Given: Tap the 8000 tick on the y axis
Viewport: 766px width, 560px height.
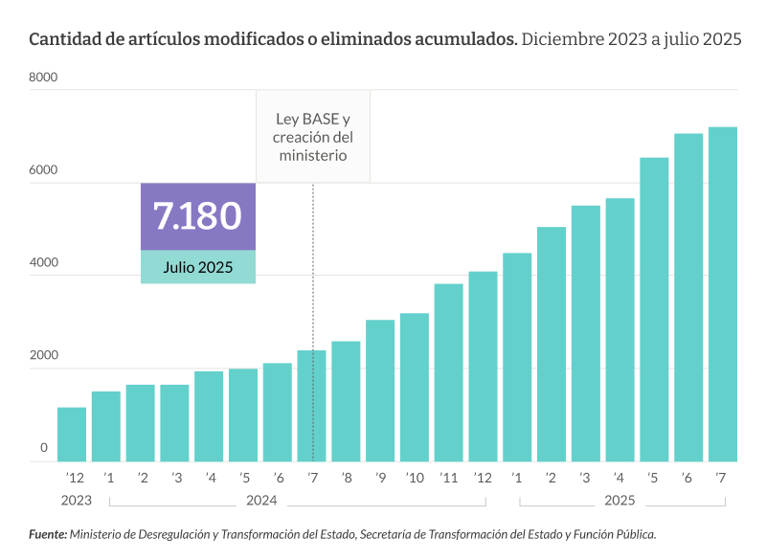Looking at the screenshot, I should pos(46,77).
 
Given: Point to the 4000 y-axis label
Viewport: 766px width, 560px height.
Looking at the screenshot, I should pos(46,262).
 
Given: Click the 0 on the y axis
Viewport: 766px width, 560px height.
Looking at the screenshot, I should pos(44,447).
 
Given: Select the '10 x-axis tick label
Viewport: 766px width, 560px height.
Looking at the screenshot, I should pos(415,478).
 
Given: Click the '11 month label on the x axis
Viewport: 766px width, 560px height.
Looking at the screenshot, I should pos(448,478).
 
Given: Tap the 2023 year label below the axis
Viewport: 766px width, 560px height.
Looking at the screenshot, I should pos(76,500).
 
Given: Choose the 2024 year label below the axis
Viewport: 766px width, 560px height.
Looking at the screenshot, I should pos(261,500).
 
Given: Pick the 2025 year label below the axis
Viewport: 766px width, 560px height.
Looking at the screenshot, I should pos(620,500).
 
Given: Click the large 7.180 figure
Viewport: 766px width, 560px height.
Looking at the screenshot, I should pos(198,216).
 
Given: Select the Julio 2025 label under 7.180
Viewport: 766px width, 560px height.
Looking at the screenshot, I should pos(198,267).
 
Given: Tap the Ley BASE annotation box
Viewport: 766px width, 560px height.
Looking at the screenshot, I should pos(312,137).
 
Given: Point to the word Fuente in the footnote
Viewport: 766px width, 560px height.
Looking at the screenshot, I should pos(47,534).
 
